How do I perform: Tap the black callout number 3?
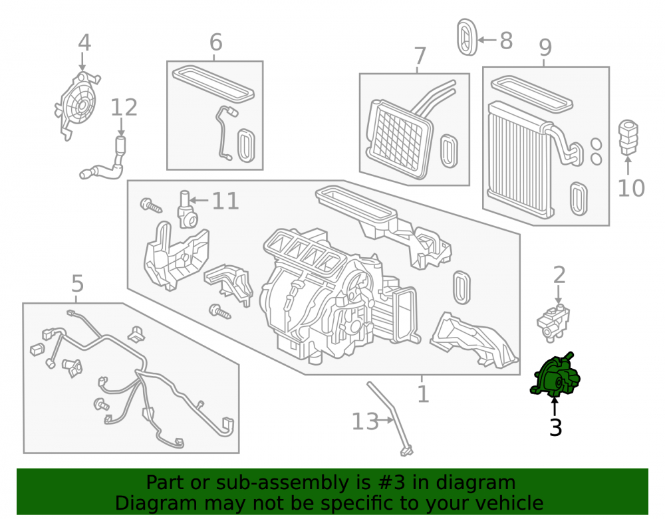555,427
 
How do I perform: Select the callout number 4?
84,43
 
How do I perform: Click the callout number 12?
124,108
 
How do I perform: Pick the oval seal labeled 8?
467,37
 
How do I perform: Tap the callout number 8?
506,41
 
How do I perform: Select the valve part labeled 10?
628,138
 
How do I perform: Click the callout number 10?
631,188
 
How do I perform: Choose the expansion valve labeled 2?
553,323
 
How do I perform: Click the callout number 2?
559,275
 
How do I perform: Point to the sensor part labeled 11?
187,209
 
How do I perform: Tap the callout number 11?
225,201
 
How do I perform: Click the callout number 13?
365,421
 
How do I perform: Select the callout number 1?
423,394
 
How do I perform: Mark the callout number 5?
77,284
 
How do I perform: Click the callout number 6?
216,43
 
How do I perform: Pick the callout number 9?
545,47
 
